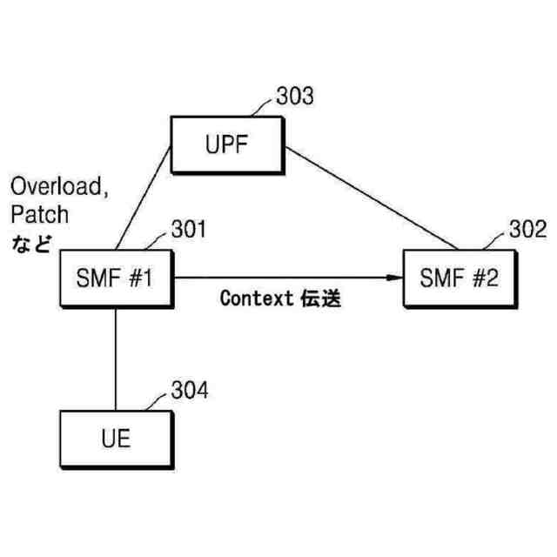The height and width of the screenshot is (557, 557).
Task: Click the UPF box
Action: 227,144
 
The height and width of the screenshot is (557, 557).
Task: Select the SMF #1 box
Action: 116,279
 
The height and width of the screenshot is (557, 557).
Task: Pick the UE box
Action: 116,438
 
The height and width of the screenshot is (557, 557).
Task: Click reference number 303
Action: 295,96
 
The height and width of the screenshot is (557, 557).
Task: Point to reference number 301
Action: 188,231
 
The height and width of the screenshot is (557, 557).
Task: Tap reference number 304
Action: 189,390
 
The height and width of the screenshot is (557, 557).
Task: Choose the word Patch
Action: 38,213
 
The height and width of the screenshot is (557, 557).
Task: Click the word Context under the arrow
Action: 254,299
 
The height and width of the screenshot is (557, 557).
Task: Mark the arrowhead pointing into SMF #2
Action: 395,278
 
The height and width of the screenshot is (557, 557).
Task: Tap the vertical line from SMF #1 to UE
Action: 116,357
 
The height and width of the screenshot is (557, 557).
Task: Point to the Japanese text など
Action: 31,242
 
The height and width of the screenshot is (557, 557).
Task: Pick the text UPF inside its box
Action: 227,144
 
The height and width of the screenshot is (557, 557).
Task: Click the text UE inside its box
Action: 116,438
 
